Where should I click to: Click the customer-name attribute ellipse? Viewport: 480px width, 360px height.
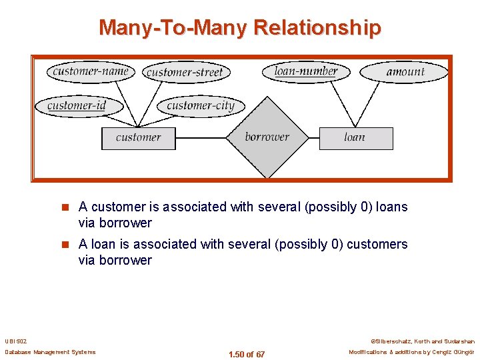point(91,71)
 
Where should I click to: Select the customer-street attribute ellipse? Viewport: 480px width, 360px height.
point(185,72)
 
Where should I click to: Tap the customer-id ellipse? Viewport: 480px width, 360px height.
point(77,105)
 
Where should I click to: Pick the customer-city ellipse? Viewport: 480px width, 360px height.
point(201,105)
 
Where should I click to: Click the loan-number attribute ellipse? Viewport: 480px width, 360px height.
point(306,71)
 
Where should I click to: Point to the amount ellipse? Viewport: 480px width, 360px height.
point(405,71)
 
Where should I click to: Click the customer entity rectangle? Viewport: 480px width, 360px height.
point(138,138)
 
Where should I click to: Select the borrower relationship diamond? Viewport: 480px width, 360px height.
point(267,137)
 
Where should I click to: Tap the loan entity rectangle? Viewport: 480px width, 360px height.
point(355,138)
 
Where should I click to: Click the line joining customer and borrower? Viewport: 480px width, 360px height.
point(201,138)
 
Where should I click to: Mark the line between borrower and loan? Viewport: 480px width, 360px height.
point(313,138)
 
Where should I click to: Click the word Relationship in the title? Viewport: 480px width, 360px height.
point(317,28)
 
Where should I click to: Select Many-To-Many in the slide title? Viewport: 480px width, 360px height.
point(173,28)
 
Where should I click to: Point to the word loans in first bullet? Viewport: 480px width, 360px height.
point(391,207)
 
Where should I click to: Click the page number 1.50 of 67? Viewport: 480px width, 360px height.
point(246,354)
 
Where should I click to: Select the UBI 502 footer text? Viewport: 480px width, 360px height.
point(15,340)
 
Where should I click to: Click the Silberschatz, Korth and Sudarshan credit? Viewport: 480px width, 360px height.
point(422,340)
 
